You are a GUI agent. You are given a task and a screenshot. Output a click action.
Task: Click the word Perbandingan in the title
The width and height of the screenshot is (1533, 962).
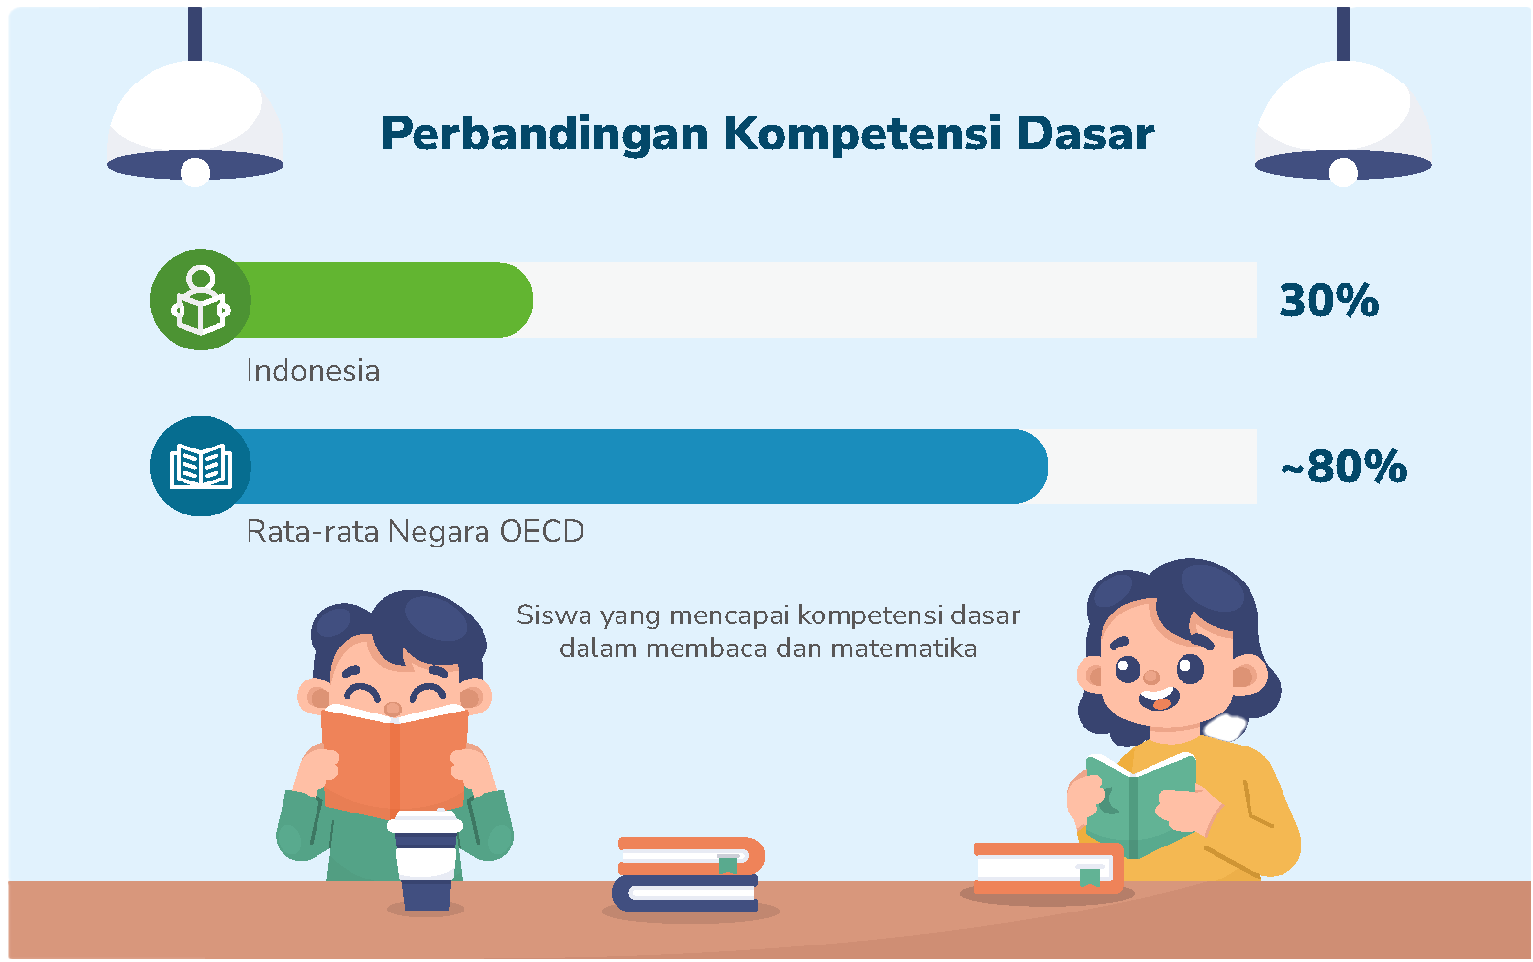coord(545,135)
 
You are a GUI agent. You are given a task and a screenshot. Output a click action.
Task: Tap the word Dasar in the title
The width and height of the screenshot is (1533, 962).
coord(1086,133)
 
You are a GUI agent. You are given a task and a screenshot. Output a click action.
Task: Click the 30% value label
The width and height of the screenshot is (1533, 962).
coord(1329,300)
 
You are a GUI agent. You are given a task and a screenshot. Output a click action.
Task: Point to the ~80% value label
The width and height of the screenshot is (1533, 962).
coord(1344,467)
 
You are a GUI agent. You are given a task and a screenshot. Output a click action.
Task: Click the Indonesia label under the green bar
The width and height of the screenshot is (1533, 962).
coord(313,370)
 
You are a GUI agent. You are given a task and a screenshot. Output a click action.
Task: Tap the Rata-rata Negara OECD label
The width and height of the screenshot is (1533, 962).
coord(415,531)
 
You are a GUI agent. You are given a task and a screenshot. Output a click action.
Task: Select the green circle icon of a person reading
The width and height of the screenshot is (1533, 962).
coord(201,300)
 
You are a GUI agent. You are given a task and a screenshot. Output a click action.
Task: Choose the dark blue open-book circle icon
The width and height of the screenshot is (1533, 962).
coord(201,467)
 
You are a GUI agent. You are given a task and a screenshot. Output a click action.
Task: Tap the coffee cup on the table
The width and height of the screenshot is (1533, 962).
coord(425,861)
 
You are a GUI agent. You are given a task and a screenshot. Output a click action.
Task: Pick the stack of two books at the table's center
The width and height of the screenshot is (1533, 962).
coord(688,874)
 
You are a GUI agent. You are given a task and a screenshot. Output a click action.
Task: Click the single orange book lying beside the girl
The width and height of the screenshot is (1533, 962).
coord(1049,868)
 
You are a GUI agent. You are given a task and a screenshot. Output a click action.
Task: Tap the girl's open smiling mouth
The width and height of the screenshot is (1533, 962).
coord(1159,700)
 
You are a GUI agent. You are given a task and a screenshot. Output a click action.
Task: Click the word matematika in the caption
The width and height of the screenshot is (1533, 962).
coord(903,647)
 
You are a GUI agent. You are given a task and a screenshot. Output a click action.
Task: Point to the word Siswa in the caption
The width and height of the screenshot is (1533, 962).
coord(553,615)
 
